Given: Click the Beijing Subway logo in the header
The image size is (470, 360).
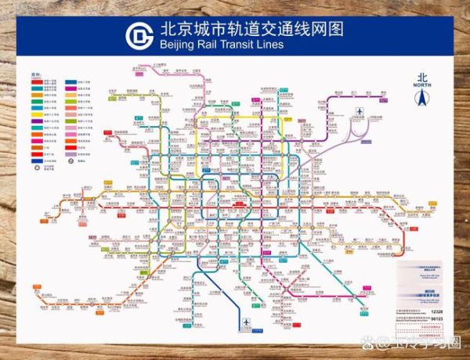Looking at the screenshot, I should pyautogui.click(x=141, y=36).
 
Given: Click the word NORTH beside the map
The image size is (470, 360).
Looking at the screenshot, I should pyautogui.click(x=423, y=87).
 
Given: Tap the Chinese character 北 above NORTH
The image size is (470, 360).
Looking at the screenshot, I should pyautogui.click(x=423, y=77).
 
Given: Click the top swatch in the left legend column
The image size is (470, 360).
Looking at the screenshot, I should pyautogui.click(x=37, y=81).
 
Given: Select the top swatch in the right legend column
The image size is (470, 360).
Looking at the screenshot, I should pyautogui.click(x=70, y=81).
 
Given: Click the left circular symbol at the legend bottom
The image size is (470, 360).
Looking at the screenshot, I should pyautogui.click(x=37, y=165).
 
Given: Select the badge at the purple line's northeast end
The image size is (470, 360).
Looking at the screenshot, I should pyautogui.click(x=382, y=99).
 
